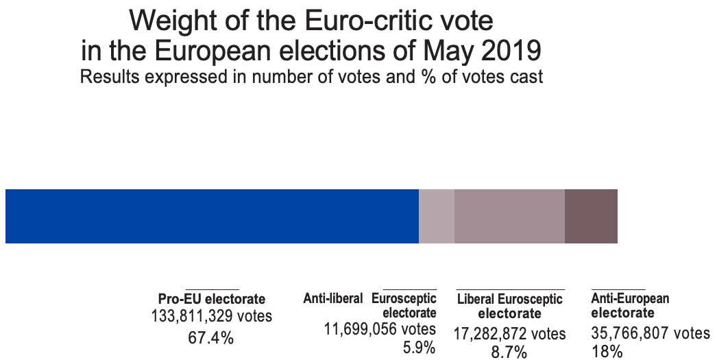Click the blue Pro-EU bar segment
(x=212, y=216)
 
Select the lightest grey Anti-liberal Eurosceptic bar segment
(x=437, y=216)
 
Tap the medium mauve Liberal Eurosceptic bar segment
(x=509, y=216)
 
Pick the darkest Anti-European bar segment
(x=591, y=216)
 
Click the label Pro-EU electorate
(x=212, y=299)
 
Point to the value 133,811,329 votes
(x=212, y=317)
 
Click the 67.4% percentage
(x=212, y=337)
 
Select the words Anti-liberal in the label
(x=333, y=298)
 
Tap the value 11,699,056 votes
(x=380, y=330)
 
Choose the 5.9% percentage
(x=420, y=348)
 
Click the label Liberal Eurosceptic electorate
(x=509, y=307)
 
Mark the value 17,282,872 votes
(x=509, y=334)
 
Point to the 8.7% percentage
(x=509, y=352)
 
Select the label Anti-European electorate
(x=630, y=306)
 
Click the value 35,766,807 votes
(x=650, y=334)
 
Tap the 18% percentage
(x=607, y=352)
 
